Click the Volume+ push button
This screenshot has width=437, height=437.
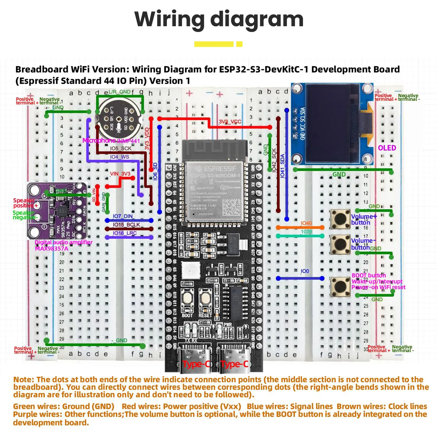tap(340, 219)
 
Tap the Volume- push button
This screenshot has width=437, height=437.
tap(340, 244)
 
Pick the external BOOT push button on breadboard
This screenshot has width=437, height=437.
tap(340, 287)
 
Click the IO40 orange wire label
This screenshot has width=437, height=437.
tap(306, 223)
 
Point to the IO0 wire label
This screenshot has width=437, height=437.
tap(305, 271)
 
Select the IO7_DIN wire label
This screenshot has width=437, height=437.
tap(123, 216)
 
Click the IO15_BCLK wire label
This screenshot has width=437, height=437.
tap(126, 225)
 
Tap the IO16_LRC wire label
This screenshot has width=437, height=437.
tap(125, 233)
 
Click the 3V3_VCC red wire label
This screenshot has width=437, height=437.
tap(230, 121)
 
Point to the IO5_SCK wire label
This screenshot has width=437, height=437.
tap(121, 148)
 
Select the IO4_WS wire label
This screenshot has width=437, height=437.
tap(119, 157)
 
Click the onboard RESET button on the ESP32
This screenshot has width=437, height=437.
tap(205, 298)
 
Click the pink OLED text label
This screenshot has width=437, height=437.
tap(387, 148)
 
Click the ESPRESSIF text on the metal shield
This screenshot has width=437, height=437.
tap(220, 169)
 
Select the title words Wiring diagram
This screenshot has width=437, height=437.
tap(219, 19)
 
